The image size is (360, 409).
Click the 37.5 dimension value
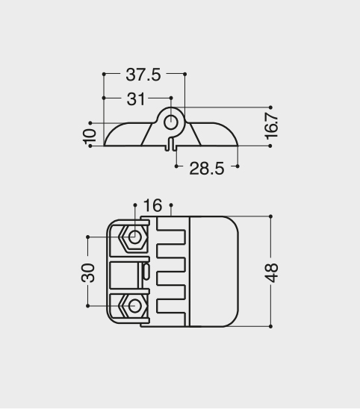point(143,75)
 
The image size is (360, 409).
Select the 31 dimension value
point(135,99)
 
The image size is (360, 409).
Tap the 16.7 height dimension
point(272,126)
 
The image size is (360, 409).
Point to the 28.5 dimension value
point(206,169)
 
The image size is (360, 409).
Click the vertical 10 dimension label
point(90,136)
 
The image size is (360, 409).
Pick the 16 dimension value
point(152,205)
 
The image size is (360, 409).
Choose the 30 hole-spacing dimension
point(88,273)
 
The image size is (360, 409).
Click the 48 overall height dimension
point(272,273)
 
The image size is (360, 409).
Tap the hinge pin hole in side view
point(171,122)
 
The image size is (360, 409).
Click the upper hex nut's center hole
point(134,237)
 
